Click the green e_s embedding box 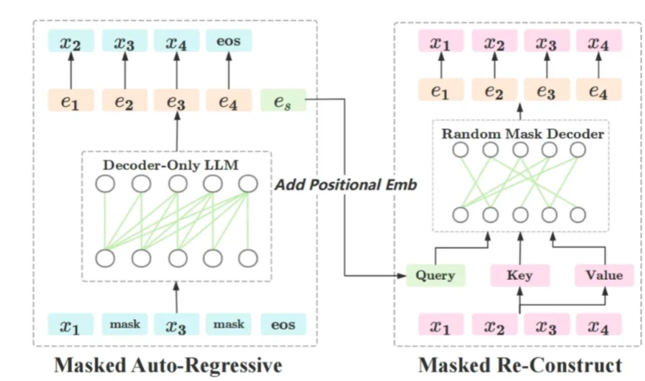click(283, 101)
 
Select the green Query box click(435, 276)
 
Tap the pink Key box click(519, 276)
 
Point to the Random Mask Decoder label click(522, 133)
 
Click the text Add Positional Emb click(345, 184)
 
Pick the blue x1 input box click(70, 325)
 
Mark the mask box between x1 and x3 click(125, 325)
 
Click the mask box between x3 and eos click(229, 325)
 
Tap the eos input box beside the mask click(283, 325)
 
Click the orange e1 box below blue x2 click(71, 101)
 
